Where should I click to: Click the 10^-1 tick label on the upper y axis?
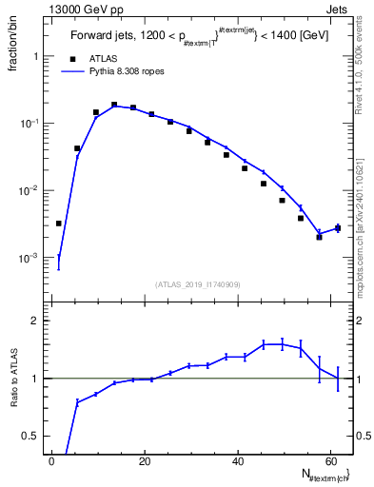click(34, 124)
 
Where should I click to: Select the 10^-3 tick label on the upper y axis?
click(34, 258)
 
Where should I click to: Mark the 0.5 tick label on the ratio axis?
click(34, 437)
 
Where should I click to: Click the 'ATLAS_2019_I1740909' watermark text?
click(198, 284)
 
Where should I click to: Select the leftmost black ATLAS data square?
click(58, 224)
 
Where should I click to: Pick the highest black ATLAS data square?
click(114, 105)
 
